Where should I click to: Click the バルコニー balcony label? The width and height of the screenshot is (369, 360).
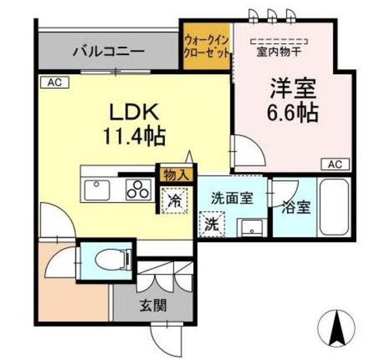pyautogui.click(x=108, y=52)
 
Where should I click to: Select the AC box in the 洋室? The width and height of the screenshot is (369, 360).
pyautogui.click(x=335, y=164)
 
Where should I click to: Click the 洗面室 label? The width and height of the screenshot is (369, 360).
pyautogui.click(x=231, y=199)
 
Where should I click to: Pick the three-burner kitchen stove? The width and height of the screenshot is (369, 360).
pyautogui.click(x=139, y=189)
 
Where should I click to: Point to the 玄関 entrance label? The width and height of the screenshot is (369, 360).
pyautogui.click(x=152, y=305)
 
